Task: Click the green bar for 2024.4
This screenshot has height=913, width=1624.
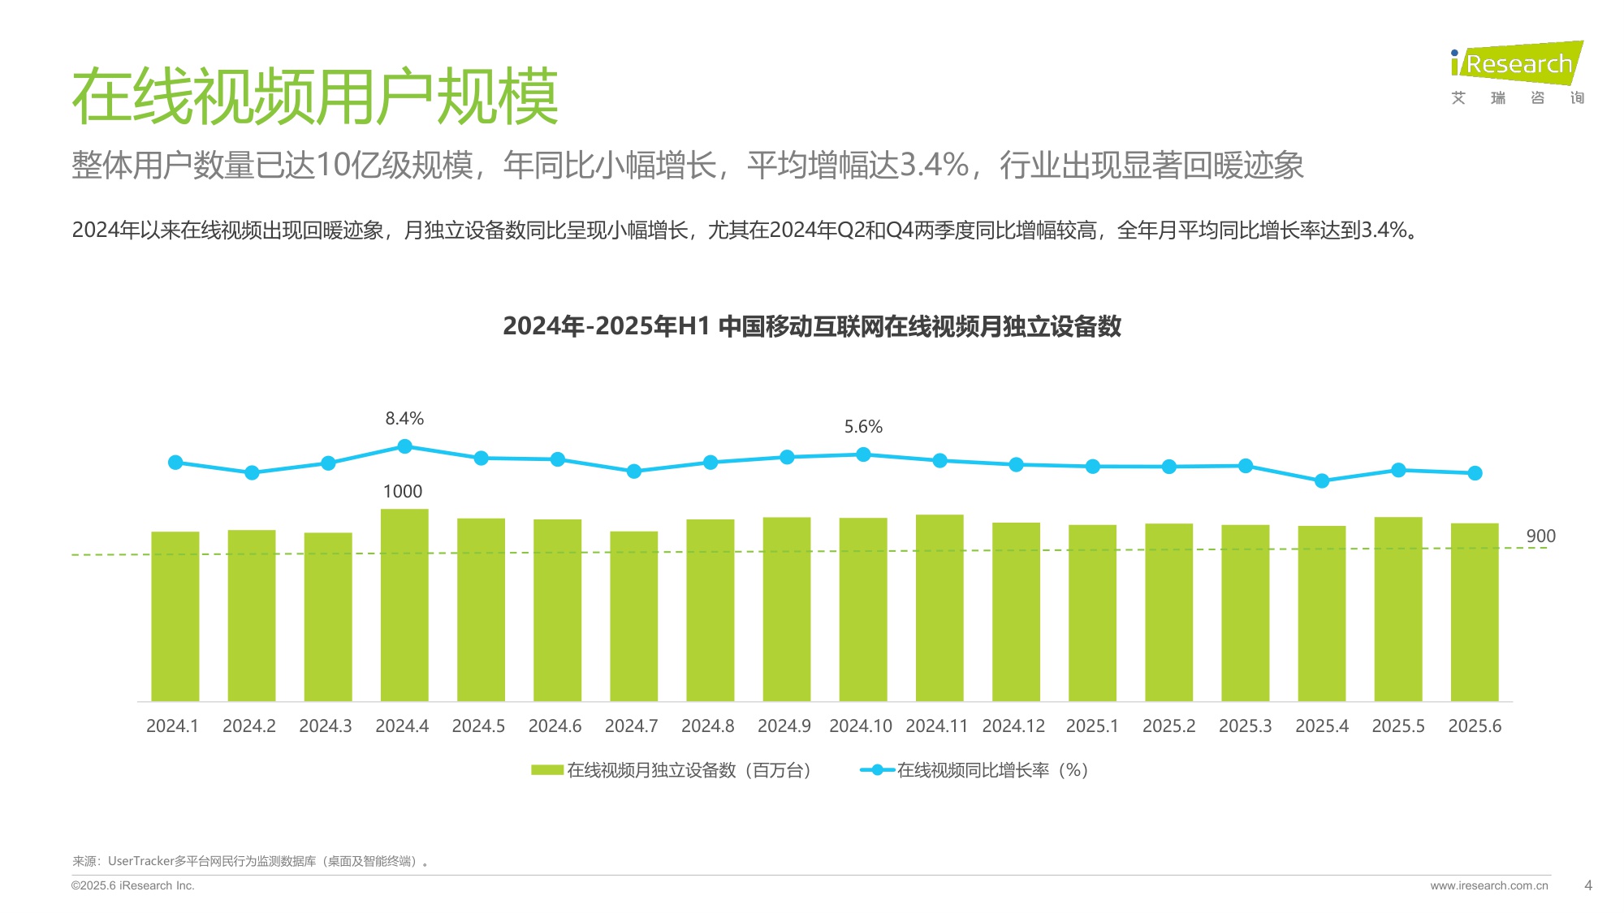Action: point(404,605)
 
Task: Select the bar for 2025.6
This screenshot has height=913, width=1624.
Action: point(1475,612)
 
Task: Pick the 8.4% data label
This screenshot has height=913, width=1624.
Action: point(404,419)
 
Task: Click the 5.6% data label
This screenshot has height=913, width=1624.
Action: point(863,427)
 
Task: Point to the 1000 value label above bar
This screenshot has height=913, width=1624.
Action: point(403,492)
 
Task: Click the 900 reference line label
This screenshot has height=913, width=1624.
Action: point(1540,536)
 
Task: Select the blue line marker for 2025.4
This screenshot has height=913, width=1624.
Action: point(1322,481)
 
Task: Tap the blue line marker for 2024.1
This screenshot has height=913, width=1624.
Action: point(175,463)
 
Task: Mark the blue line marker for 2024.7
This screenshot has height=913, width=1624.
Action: point(634,472)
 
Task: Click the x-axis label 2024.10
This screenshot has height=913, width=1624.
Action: point(860,726)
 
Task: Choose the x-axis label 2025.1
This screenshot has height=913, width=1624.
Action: point(1092,726)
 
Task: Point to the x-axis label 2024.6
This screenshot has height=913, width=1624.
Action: point(555,726)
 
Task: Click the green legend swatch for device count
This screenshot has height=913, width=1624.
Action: point(547,770)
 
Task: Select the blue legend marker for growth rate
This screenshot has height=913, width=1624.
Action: point(877,770)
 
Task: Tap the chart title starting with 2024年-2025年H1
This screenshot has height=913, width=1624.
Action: point(812,326)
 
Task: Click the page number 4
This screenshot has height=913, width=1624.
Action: point(1588,885)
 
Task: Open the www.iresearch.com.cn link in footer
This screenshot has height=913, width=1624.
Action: point(1488,885)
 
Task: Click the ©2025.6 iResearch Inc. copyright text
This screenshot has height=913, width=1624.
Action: point(133,885)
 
